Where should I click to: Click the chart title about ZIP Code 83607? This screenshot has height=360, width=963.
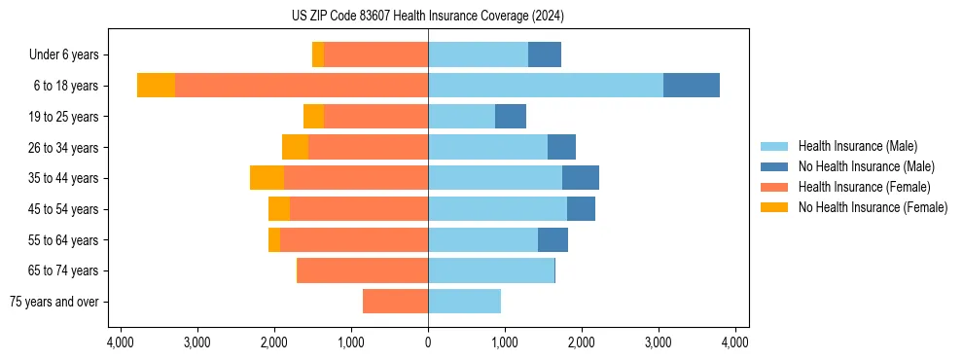(x=427, y=16)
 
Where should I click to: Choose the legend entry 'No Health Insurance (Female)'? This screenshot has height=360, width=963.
(x=873, y=207)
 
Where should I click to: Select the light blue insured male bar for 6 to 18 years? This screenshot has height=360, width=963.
(x=546, y=86)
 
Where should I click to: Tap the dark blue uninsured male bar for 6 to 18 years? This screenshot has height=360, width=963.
(x=692, y=86)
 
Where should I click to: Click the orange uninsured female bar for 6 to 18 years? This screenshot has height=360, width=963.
(x=156, y=86)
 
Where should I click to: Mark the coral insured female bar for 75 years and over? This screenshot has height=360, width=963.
(x=395, y=302)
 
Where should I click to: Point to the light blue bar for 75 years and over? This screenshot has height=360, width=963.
(x=464, y=302)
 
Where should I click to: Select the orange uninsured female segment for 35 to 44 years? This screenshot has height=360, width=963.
(x=267, y=178)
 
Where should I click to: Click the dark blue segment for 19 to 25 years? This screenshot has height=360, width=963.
(x=511, y=117)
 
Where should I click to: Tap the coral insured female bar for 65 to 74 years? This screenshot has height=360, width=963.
(x=363, y=270)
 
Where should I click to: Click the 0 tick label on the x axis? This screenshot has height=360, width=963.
(x=428, y=342)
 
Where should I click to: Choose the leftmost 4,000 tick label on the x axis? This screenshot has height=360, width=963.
(x=121, y=342)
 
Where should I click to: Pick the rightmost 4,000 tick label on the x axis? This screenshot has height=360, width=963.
(x=735, y=342)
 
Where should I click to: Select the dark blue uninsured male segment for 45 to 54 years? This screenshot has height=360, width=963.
(x=581, y=209)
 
